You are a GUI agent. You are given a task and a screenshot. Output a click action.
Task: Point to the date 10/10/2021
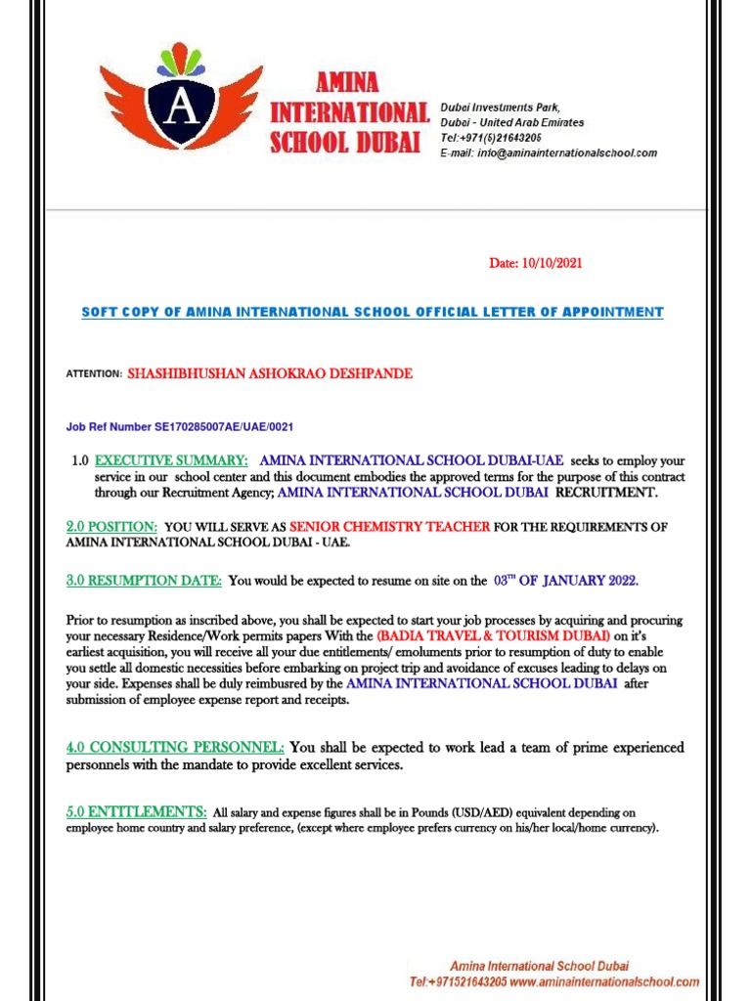(553, 264)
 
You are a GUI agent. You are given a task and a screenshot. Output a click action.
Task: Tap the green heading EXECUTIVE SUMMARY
(171, 460)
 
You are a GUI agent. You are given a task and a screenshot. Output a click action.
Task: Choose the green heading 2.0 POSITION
(111, 526)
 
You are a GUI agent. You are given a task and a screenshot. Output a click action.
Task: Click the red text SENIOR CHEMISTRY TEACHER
(390, 527)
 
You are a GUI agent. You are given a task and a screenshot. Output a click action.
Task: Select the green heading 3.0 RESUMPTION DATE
(144, 581)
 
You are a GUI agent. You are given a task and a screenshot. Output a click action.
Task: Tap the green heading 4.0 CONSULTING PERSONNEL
(175, 748)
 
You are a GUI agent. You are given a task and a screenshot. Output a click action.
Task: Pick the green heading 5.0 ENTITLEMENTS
(136, 812)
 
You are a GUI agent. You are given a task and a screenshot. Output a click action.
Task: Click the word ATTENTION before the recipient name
(94, 374)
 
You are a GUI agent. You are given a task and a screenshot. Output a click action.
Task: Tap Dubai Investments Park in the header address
(503, 107)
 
